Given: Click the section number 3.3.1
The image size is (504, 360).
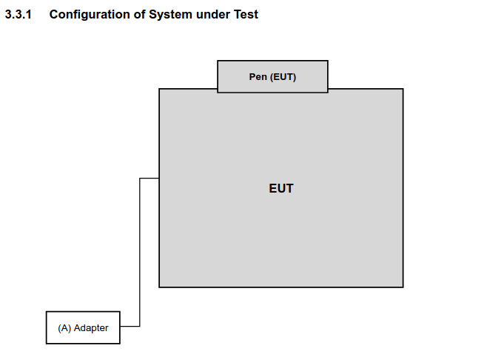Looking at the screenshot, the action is click(18, 15).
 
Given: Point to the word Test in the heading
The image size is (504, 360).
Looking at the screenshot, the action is click(246, 15).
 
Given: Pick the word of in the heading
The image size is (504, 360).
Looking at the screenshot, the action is click(140, 15).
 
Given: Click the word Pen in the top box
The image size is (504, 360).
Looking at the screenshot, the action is click(258, 77).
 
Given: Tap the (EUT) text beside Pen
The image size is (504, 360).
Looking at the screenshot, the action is click(283, 77).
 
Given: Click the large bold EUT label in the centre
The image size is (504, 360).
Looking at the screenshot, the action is click(281, 189).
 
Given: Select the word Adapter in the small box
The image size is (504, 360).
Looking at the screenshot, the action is click(91, 328).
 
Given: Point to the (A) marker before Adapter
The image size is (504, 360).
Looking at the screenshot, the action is click(64, 328).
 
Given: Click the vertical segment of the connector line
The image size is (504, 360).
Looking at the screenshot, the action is click(140, 253).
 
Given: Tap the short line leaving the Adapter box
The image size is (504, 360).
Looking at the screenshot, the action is click(130, 326).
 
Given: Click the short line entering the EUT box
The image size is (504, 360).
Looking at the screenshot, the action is click(149, 179).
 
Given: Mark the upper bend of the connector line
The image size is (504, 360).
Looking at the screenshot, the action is click(140, 179).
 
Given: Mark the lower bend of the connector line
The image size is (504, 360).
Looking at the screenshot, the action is click(140, 326).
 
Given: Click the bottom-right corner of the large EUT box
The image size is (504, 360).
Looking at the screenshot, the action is click(403, 287).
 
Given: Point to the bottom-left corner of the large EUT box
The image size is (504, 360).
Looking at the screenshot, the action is click(159, 287).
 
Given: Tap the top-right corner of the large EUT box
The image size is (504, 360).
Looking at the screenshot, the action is click(403, 89).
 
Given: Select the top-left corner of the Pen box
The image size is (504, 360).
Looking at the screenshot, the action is click(218, 61).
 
